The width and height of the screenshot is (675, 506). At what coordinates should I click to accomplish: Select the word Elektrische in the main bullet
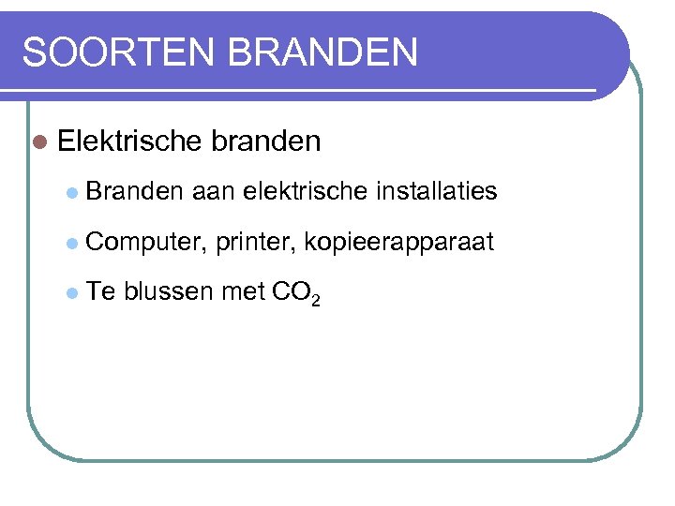[x=129, y=141]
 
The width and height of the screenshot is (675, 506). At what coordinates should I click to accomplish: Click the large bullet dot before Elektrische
[x=38, y=142]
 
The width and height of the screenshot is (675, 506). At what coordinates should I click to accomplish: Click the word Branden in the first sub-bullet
[x=135, y=192]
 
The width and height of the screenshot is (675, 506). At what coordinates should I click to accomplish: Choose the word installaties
[x=436, y=192]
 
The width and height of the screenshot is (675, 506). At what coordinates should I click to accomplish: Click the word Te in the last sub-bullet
[x=102, y=293]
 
